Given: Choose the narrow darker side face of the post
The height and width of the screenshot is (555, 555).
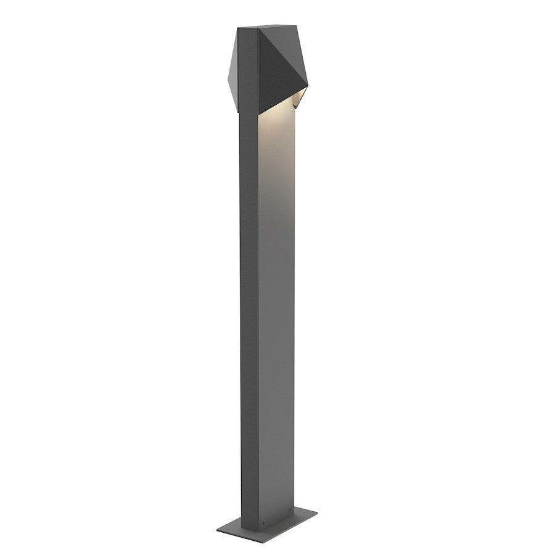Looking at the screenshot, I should point(249,308).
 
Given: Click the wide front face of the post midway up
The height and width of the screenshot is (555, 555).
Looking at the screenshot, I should point(276,308).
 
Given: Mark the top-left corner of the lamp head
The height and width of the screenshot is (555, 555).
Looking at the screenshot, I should point(237,28).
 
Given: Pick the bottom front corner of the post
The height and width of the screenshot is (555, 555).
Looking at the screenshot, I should point(258,529).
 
